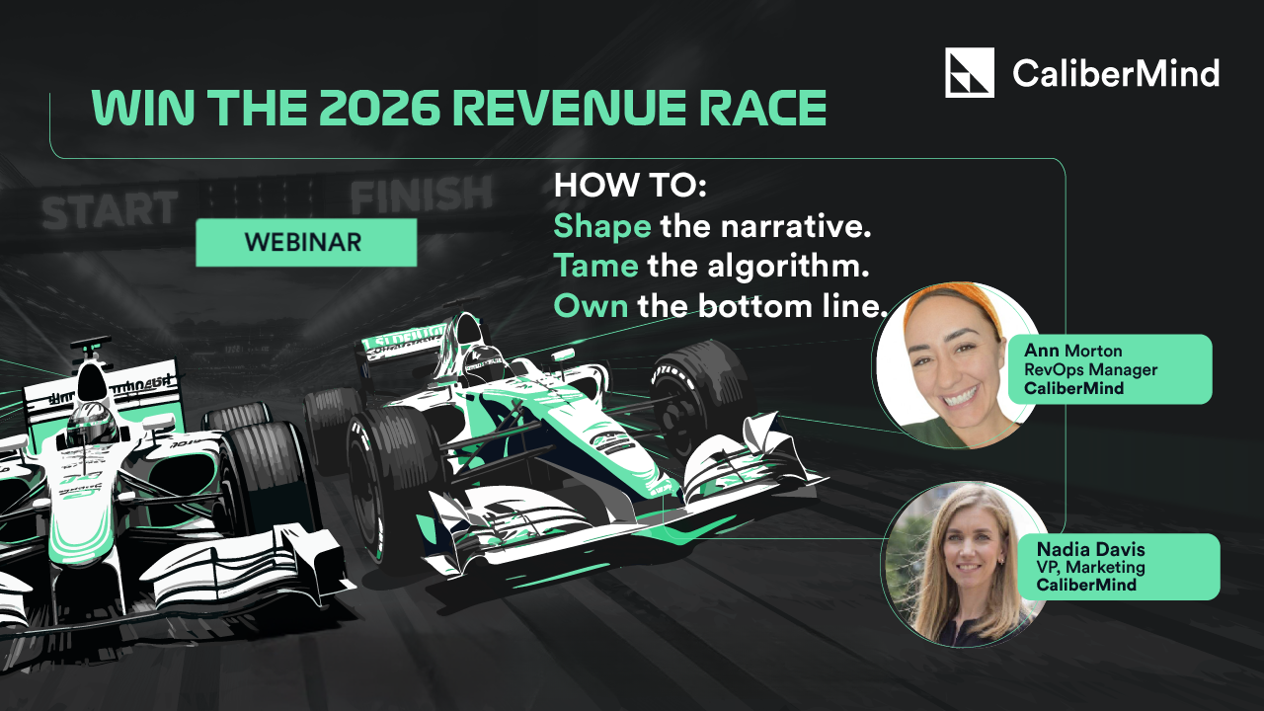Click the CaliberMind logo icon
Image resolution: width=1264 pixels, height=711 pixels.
point(969,73)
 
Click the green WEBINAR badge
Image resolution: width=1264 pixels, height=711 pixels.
point(306,243)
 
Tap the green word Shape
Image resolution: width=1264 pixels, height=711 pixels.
point(601,226)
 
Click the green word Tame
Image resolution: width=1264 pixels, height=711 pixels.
point(595,266)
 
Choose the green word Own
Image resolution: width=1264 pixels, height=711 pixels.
point(591,306)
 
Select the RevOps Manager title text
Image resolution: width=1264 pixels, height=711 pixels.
point(1090,369)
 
